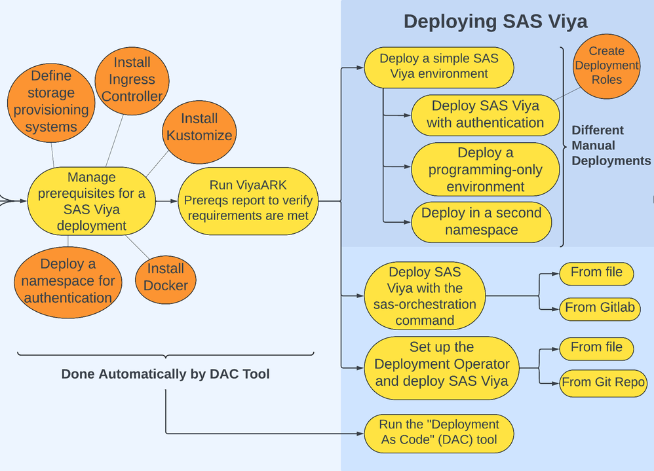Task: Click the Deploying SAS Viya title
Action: [495, 21]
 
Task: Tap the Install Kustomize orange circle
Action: [199, 127]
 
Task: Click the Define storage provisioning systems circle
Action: [51, 102]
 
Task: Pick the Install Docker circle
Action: [166, 277]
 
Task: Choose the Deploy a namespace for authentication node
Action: [68, 281]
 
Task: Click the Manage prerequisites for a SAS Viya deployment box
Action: [92, 201]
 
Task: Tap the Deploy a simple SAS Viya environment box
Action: [438, 66]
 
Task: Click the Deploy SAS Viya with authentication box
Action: [485, 114]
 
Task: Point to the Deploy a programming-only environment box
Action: [485, 170]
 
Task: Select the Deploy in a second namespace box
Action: [481, 221]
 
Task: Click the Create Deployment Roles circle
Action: [606, 66]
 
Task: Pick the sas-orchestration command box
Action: [425, 296]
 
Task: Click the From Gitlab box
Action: [600, 307]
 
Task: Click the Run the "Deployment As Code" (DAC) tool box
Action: [438, 432]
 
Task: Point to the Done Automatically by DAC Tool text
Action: [165, 374]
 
